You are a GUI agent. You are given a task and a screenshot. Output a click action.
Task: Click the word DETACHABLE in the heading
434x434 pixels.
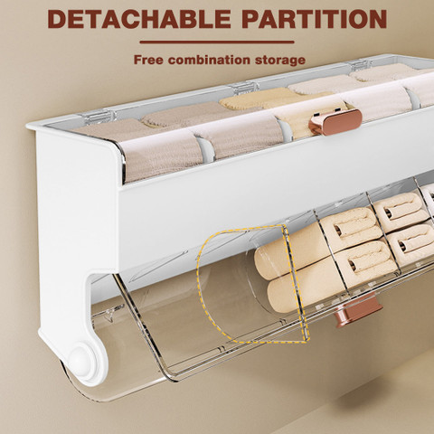coord(138,19)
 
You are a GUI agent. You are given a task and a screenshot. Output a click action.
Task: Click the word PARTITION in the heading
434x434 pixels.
coord(315,19)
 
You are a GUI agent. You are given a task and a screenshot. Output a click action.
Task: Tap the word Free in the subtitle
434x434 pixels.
coord(148,60)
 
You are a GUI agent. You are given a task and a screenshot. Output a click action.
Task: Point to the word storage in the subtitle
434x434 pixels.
coord(280,61)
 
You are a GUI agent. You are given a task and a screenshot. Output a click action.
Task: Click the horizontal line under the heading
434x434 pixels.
coord(217,42)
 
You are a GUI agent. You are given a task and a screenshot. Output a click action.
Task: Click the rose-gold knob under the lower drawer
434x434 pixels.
coord(358,310)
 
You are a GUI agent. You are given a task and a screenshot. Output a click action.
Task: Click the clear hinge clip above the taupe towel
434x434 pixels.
coord(97,117)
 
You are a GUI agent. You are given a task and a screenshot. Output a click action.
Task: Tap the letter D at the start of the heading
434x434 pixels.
coord(57,19)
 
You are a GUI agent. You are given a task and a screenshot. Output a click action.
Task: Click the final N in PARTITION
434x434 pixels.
coord(377,19)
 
